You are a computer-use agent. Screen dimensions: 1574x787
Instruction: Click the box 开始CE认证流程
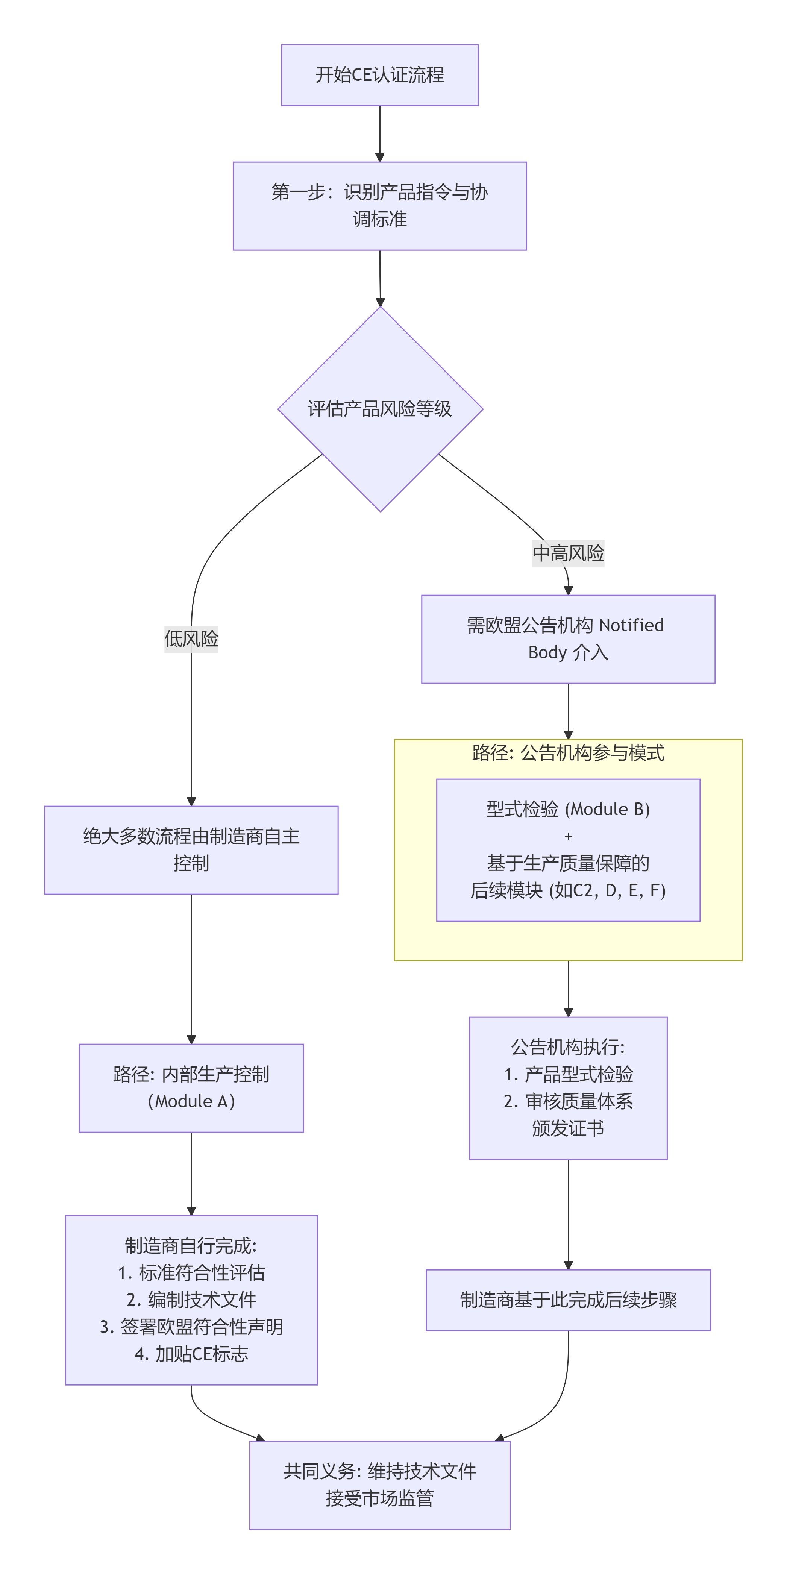pyautogui.click(x=379, y=75)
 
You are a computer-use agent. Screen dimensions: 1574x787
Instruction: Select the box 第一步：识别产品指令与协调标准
pyautogui.click(x=379, y=206)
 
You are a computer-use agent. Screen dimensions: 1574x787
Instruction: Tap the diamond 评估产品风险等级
pyautogui.click(x=379, y=409)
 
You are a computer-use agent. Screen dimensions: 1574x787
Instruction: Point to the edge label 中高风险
pyautogui.click(x=568, y=553)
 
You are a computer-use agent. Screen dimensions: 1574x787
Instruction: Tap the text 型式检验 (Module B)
pyautogui.click(x=568, y=809)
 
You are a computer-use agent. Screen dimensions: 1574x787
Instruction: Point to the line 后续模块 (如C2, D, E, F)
pyautogui.click(x=568, y=890)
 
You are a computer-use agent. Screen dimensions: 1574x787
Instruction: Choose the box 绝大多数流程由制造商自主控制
pyautogui.click(x=191, y=850)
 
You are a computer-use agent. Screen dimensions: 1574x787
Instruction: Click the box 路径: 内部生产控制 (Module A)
pyautogui.click(x=191, y=1087)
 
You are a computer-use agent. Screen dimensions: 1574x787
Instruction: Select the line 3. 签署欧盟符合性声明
pyautogui.click(x=191, y=1327)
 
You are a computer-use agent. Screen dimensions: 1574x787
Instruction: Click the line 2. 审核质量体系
pyautogui.click(x=568, y=1101)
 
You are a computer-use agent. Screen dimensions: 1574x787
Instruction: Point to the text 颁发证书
pyautogui.click(x=568, y=1128)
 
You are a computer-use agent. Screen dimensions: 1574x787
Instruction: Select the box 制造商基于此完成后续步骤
pyautogui.click(x=568, y=1300)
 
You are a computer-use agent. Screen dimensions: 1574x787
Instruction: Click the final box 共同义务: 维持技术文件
pyautogui.click(x=379, y=1485)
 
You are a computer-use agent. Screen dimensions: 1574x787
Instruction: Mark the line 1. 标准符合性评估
pyautogui.click(x=191, y=1273)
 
